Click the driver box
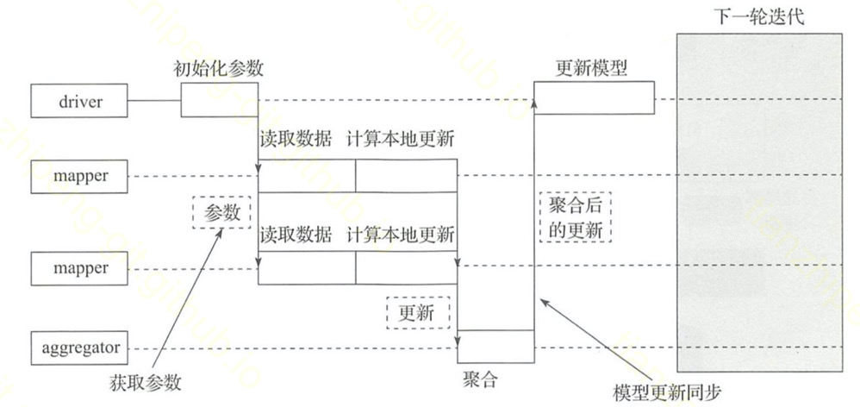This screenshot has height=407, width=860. click(81, 102)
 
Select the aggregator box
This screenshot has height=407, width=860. click(81, 349)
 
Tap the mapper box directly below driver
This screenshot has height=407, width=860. click(81, 176)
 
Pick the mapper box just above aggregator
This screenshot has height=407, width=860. click(81, 268)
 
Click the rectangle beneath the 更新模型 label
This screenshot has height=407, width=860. click(593, 98)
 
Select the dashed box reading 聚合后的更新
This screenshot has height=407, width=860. click(575, 216)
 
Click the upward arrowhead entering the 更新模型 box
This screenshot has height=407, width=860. click(534, 103)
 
